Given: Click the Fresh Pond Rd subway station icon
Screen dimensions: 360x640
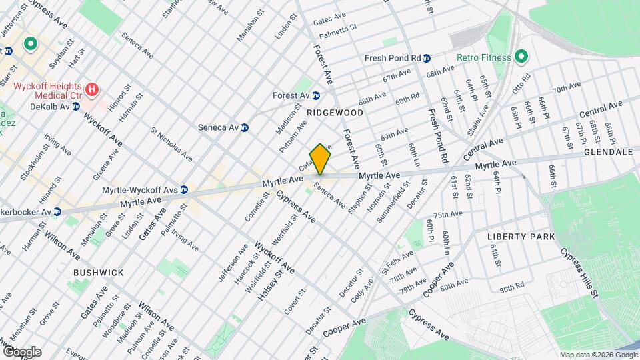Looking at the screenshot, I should click(x=426, y=58).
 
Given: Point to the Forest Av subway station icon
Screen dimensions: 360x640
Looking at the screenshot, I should click(x=316, y=95).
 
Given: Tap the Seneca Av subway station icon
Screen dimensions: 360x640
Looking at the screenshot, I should click(x=245, y=127).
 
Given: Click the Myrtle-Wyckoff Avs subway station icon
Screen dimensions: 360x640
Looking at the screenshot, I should click(x=184, y=190).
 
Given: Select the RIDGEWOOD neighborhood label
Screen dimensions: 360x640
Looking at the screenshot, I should click(x=335, y=113).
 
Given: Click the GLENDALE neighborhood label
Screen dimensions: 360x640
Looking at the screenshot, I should click(x=607, y=152).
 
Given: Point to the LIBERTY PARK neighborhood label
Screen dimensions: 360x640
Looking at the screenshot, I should click(x=516, y=237).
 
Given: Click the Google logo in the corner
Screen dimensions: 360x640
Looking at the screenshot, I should click(x=21, y=351).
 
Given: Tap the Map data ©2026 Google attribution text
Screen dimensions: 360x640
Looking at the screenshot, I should click(x=598, y=355).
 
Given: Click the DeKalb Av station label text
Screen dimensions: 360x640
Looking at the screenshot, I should click(x=50, y=106).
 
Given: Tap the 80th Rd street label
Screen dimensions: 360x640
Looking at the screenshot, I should click(x=511, y=289).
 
